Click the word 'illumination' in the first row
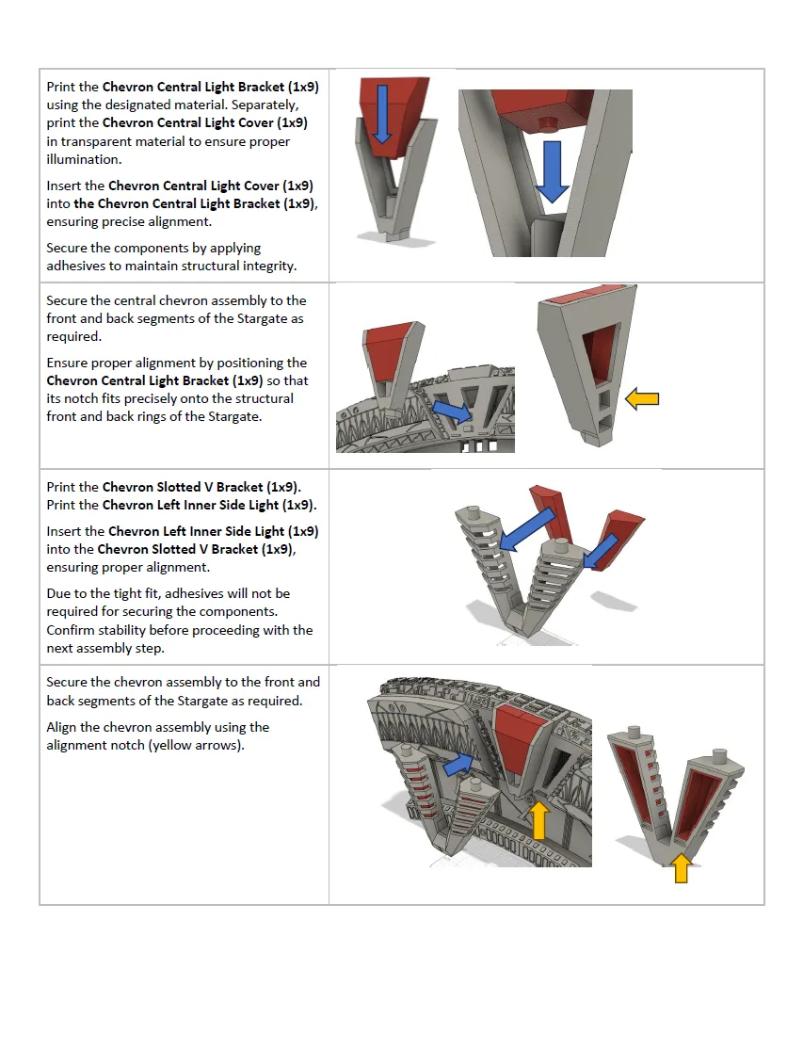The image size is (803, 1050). (x=84, y=159)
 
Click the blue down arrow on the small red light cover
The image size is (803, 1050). (x=382, y=113)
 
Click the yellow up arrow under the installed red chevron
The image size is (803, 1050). (x=538, y=820)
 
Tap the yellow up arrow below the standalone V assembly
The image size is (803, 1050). (x=681, y=868)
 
